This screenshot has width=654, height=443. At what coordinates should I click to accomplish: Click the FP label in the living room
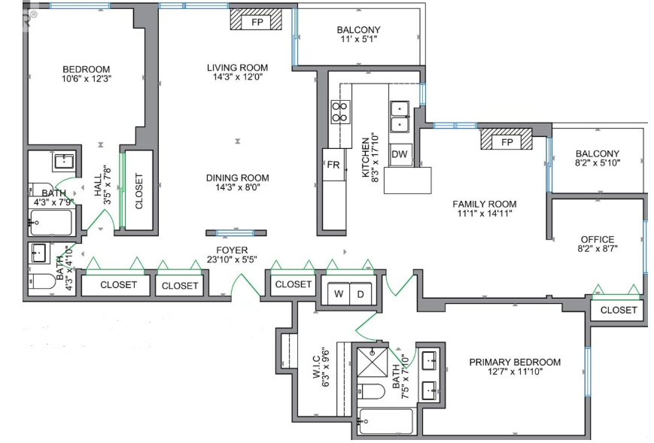[x=257, y=22]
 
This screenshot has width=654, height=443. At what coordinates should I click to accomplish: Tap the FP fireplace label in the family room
[x=506, y=142]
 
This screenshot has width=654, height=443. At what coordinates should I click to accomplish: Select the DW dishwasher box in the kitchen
[x=400, y=155]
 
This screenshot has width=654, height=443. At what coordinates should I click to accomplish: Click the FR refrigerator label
[x=333, y=165]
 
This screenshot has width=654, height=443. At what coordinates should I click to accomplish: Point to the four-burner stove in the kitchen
[x=340, y=111]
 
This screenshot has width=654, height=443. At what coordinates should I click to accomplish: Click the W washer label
[x=339, y=294]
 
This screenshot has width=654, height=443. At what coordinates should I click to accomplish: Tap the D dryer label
[x=360, y=295]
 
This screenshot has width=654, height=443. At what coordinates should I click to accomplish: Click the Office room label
[x=598, y=240]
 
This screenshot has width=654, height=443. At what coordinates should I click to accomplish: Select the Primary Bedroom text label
[x=515, y=363]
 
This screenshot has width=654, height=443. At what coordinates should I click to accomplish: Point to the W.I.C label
[x=315, y=367]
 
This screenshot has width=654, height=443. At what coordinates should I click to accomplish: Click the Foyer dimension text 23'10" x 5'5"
[x=232, y=259]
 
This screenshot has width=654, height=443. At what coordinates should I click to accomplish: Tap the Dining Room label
[x=237, y=178]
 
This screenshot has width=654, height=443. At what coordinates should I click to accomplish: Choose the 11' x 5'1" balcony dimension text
[x=359, y=39]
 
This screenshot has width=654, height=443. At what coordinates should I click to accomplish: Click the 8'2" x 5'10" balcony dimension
[x=598, y=163]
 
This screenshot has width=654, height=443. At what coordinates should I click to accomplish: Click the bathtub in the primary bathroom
[x=386, y=421]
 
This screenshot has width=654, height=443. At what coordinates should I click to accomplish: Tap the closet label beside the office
[x=618, y=310]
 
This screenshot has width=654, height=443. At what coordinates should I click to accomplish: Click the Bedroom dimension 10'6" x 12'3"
[x=87, y=79]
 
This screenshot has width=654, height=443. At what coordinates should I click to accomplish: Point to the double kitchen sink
[x=400, y=116]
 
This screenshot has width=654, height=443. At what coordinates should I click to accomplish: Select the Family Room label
[x=484, y=205]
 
